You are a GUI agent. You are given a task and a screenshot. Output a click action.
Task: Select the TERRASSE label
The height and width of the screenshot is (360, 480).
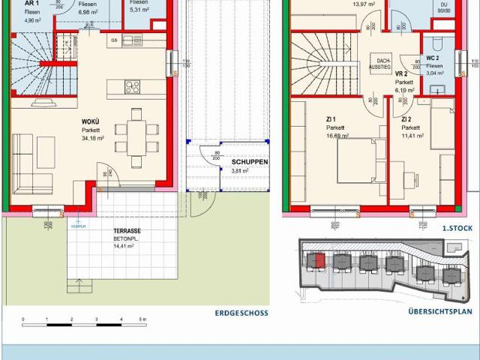click(x=128, y=232)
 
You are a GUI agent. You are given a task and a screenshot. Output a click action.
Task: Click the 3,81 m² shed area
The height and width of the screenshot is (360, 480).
click(x=240, y=171)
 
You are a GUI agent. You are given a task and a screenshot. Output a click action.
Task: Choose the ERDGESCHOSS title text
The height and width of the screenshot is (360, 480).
click(x=241, y=313)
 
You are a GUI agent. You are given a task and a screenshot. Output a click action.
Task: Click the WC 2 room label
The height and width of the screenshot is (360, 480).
click(x=433, y=58)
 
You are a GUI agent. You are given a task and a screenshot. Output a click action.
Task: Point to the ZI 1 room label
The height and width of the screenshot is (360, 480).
click(x=331, y=119)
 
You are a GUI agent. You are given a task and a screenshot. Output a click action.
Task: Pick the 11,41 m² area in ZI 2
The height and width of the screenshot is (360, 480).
click(x=412, y=136)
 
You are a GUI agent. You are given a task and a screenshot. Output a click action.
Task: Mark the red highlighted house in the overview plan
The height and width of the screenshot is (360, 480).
click(x=319, y=260)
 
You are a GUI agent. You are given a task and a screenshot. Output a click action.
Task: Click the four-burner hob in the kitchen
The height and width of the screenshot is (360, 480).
click(x=132, y=86)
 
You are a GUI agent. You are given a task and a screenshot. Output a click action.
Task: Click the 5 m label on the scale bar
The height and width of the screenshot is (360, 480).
click(x=143, y=320)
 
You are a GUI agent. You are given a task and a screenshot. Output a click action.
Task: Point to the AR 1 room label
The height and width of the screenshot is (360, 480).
click(x=22, y=3)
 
